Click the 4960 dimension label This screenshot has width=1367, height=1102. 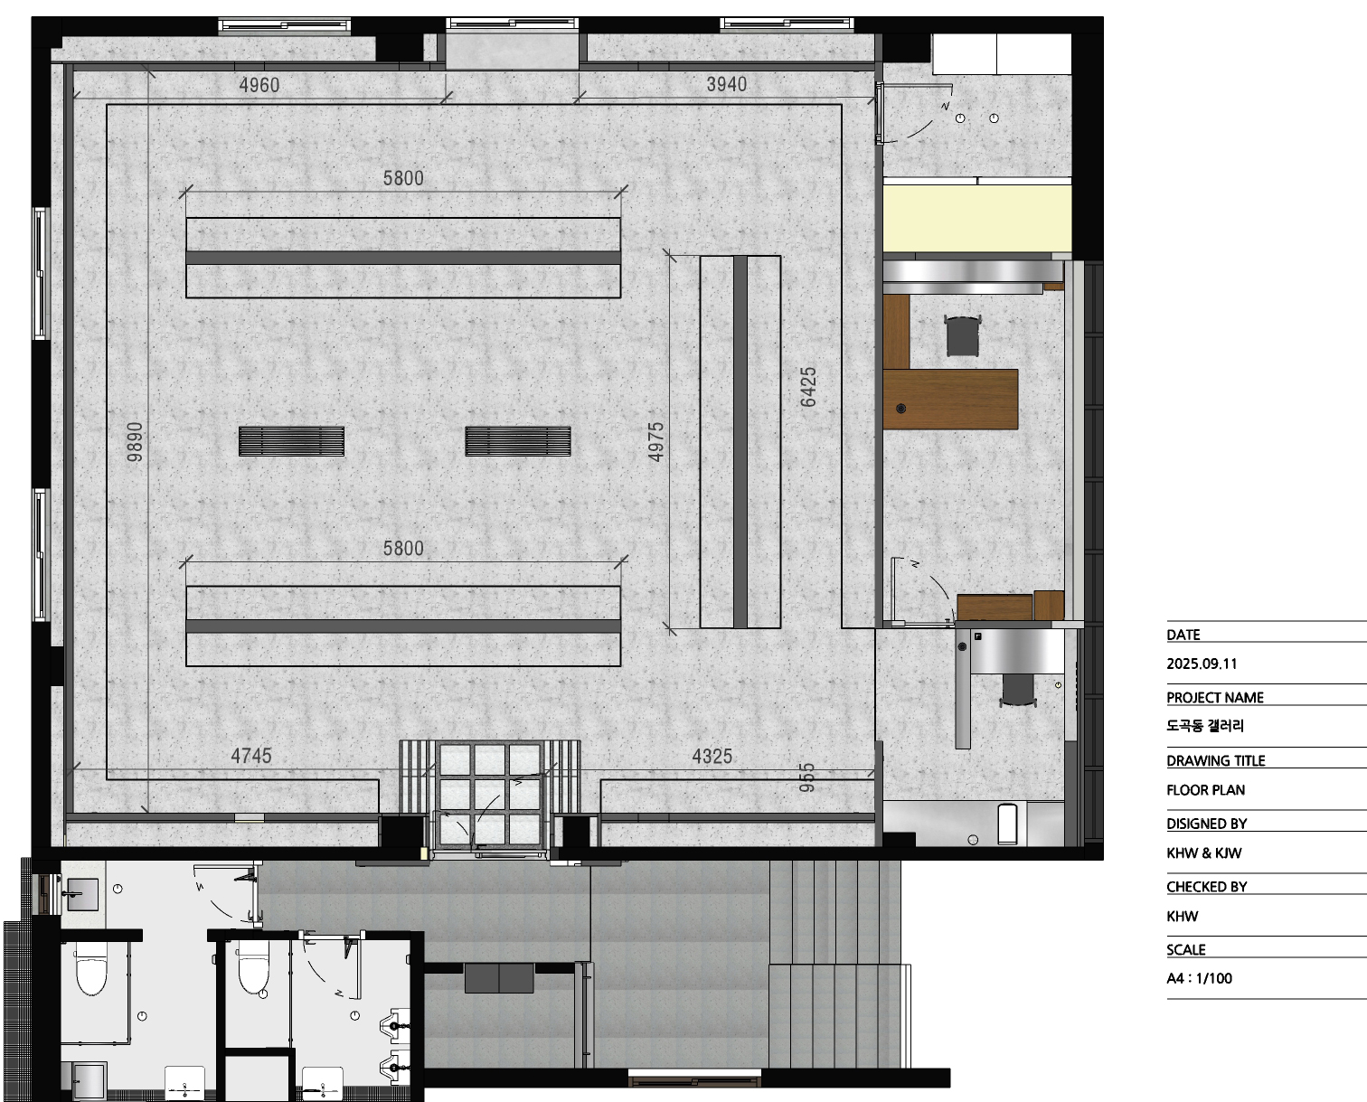click(x=259, y=85)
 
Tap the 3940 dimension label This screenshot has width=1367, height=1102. click(x=727, y=84)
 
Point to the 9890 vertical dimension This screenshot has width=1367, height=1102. click(x=135, y=442)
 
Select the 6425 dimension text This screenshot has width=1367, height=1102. click(x=808, y=387)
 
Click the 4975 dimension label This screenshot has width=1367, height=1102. click(x=655, y=442)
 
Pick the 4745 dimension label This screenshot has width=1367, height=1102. click(x=251, y=756)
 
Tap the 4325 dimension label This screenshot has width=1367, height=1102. click(x=712, y=757)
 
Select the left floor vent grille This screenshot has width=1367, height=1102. click(x=291, y=441)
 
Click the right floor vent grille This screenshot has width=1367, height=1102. click(x=518, y=441)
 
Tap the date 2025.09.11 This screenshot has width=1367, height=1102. click(x=1202, y=664)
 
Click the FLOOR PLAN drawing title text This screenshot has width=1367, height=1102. click(x=1206, y=790)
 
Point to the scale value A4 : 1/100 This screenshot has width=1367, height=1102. click(x=1200, y=978)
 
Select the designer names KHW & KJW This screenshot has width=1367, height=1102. click(x=1203, y=853)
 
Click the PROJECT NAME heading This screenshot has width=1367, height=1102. click(x=1214, y=697)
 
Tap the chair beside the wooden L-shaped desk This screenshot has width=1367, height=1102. click(x=962, y=336)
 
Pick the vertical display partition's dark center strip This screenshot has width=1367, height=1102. click(x=740, y=442)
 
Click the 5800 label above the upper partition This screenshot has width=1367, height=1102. click(x=403, y=178)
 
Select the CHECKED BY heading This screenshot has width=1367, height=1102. click(x=1207, y=887)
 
